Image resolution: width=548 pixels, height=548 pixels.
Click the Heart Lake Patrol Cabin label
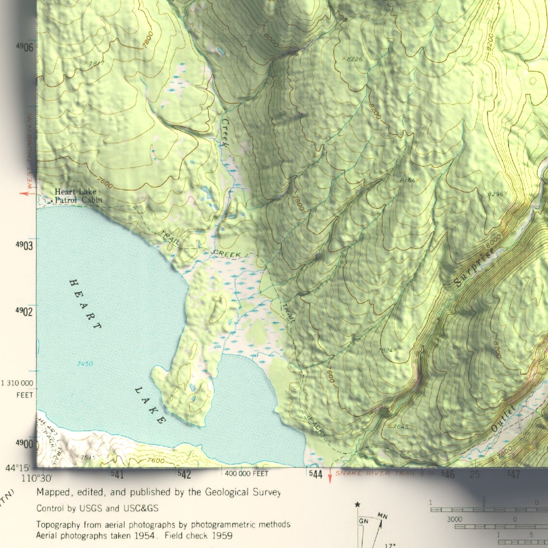pyautogui.click(x=78, y=196)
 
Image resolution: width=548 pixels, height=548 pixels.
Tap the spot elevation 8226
pyautogui.click(x=354, y=59)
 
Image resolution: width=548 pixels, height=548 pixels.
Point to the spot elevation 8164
pyautogui.click(x=408, y=181)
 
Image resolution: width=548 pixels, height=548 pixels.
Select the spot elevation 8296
pyautogui.click(x=496, y=194)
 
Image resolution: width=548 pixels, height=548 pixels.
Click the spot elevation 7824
pyautogui.click(x=385, y=350)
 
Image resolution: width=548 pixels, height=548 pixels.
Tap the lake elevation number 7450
pyautogui.click(x=85, y=364)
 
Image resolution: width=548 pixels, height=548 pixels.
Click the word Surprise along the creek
pyautogui.click(x=474, y=267)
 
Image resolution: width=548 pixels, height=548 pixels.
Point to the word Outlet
pyautogui.click(x=503, y=418)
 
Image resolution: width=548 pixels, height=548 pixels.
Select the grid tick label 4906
pyautogui.click(x=25, y=47)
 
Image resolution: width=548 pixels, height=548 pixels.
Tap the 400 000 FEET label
pyautogui.click(x=247, y=474)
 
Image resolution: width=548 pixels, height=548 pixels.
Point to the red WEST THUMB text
pyautogui.click(x=30, y=167)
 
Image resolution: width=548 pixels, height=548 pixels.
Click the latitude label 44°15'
pyautogui.click(x=17, y=468)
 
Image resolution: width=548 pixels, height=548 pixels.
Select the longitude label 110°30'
pyautogui.click(x=36, y=478)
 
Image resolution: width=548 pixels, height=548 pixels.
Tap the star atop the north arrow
pyautogui.click(x=357, y=504)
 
